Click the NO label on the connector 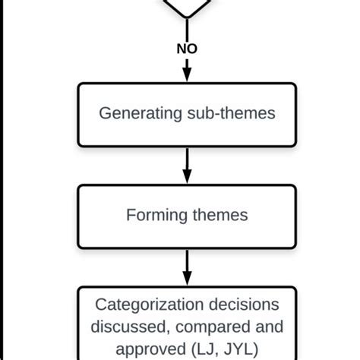186,48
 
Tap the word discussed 124,327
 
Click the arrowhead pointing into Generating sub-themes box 186,75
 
